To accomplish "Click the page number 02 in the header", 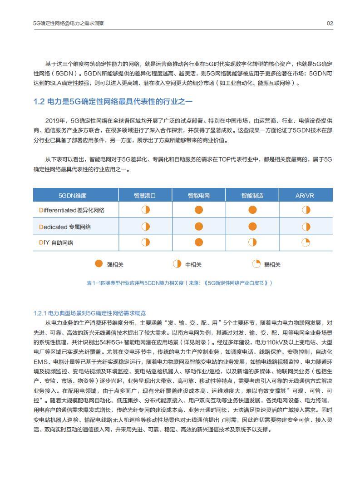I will click(x=330, y=23).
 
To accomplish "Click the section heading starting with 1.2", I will click(x=113, y=102).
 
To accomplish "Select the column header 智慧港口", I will click(x=145, y=196).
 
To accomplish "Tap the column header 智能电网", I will click(x=199, y=196).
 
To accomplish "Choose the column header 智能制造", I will click(x=252, y=196).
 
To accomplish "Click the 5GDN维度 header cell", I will click(x=72, y=196).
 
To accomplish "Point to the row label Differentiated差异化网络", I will click(x=72, y=210).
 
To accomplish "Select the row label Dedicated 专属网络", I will click(x=65, y=227).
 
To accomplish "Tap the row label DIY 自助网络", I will click(x=56, y=242).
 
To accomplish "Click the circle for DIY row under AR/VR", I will click(x=306, y=242).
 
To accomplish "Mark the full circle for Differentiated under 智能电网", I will click(x=199, y=210).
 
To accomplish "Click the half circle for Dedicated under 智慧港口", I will click(x=145, y=226).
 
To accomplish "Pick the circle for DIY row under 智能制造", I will click(x=252, y=242).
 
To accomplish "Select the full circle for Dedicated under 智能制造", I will click(x=252, y=226).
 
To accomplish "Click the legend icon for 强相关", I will click(x=99, y=264).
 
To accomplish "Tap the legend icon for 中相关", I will click(x=177, y=264).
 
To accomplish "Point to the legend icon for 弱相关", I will click(x=256, y=264).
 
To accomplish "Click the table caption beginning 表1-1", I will click(x=180, y=283).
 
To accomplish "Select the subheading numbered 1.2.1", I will click(x=89, y=313).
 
